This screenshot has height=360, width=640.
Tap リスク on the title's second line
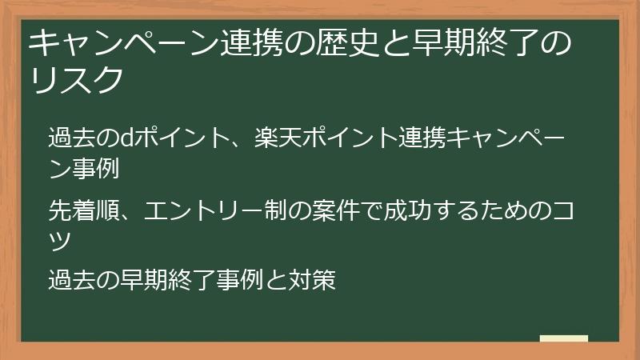(76, 79)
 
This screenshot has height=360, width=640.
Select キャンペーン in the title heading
(124, 43)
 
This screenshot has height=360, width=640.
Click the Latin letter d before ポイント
(127, 137)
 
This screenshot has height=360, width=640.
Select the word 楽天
(278, 137)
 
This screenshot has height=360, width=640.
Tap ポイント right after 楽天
(350, 137)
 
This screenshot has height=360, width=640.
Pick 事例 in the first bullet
(96, 168)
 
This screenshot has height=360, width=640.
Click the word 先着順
(84, 210)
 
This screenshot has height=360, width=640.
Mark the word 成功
(407, 210)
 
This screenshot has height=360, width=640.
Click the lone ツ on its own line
(60, 242)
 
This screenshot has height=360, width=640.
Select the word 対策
(312, 279)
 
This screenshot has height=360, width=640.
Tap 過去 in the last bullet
(72, 279)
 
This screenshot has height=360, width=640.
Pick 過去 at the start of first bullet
(72, 137)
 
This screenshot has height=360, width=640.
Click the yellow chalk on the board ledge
(564, 338)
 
